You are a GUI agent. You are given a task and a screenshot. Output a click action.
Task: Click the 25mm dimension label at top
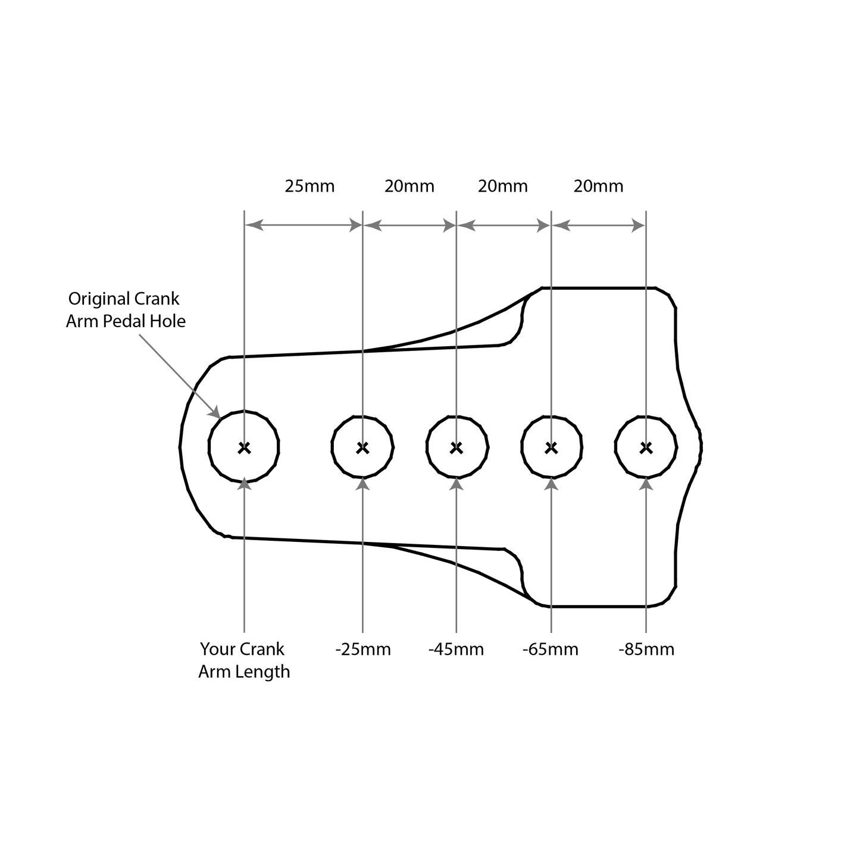(309, 186)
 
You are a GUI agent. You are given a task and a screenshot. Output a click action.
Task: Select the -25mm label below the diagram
(363, 649)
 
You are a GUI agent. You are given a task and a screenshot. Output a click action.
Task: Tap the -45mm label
(456, 649)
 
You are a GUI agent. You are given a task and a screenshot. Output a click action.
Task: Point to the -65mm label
(551, 649)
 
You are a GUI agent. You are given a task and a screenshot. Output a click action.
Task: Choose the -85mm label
(646, 649)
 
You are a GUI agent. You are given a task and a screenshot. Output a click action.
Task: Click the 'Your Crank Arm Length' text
(244, 660)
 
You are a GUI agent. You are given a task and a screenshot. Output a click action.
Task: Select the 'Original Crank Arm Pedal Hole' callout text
(125, 310)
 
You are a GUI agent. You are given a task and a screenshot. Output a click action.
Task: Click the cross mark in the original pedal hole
(244, 447)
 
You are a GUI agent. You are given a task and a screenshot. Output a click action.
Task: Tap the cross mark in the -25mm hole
(362, 447)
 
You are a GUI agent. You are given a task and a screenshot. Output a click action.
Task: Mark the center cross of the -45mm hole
(456, 447)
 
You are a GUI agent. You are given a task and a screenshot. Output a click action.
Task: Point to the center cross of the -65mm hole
(551, 447)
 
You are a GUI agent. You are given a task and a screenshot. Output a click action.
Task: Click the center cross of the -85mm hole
(646, 447)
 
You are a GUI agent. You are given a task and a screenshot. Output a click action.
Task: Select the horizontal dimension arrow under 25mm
(303, 225)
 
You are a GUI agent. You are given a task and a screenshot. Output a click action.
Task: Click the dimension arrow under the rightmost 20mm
(598, 225)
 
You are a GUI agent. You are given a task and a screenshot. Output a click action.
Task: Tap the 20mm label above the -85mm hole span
(598, 186)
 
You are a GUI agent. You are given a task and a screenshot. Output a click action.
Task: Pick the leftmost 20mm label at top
(409, 186)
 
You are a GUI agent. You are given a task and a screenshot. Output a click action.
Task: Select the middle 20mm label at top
(503, 186)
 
